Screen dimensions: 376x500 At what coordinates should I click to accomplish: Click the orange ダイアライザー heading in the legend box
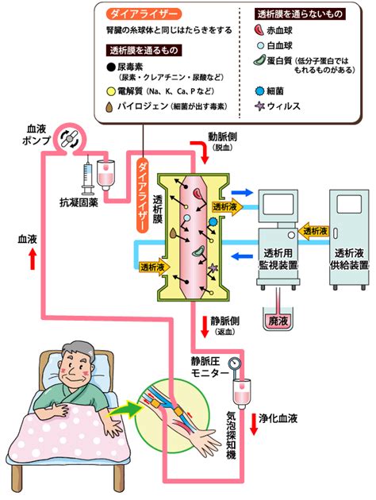(144, 14)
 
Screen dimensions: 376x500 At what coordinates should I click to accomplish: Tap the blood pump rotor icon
(69, 138)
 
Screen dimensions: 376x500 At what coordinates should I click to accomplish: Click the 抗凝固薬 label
(79, 202)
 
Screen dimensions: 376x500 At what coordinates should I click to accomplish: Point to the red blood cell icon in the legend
(259, 30)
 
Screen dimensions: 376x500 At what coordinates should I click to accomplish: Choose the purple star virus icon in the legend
(260, 106)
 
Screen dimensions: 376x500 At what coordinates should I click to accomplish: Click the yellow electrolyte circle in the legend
(110, 91)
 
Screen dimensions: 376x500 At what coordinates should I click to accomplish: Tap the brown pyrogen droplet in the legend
(109, 107)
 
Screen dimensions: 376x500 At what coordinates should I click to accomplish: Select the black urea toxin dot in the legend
(110, 67)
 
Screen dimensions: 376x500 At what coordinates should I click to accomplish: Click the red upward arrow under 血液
(33, 259)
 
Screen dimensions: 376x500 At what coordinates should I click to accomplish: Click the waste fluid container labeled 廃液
(278, 318)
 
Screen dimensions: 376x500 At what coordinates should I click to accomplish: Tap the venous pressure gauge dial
(235, 363)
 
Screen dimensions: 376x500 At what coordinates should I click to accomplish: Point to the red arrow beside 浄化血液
(254, 424)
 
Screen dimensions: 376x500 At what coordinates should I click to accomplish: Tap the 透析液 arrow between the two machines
(313, 230)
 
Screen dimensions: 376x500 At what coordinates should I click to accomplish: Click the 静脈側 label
(225, 321)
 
